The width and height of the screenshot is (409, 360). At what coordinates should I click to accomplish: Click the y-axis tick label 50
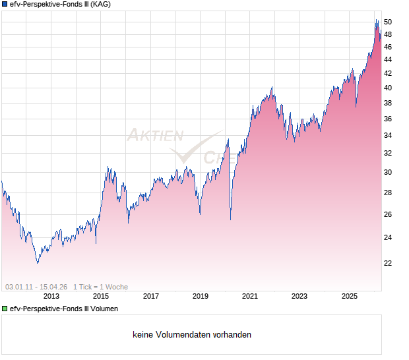click(389, 22)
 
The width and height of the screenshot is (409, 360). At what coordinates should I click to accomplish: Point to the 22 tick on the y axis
click(389, 263)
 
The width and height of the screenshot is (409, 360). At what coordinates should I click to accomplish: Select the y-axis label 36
click(389, 119)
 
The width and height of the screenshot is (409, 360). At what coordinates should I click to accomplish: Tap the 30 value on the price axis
click(389, 173)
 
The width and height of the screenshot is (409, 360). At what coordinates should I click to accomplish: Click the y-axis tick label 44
click(389, 59)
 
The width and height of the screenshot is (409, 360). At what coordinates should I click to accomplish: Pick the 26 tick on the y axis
click(389, 215)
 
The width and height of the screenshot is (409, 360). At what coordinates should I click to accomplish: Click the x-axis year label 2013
click(51, 296)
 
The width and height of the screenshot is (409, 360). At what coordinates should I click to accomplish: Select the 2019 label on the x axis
click(201, 296)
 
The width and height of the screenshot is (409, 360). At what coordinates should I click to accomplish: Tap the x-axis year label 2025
click(350, 296)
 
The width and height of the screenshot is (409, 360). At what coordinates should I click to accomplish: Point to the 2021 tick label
click(250, 296)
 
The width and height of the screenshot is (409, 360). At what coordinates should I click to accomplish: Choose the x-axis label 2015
click(101, 296)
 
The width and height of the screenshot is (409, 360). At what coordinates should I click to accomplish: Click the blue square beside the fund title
click(5, 5)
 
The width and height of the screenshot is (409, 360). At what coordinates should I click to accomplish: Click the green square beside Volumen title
click(5, 309)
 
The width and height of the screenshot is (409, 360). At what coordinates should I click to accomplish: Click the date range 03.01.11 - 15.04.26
click(36, 287)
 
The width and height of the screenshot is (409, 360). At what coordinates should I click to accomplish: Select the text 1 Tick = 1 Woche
click(100, 287)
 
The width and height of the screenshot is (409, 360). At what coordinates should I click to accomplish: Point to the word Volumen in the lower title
click(104, 309)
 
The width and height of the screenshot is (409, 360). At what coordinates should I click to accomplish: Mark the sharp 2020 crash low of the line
click(230, 219)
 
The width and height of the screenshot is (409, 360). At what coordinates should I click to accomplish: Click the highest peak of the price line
click(377, 20)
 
